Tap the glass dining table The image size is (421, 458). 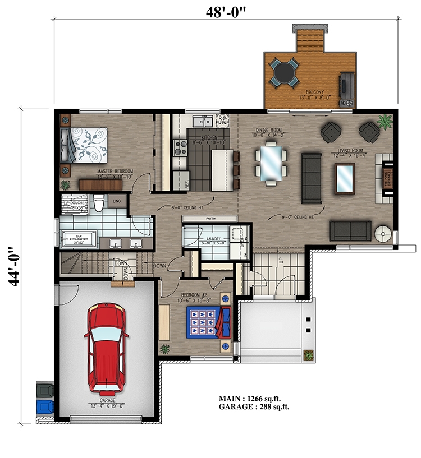(269, 161)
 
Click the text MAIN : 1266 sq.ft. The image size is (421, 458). (251, 399)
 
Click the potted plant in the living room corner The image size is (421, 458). (385, 121)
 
